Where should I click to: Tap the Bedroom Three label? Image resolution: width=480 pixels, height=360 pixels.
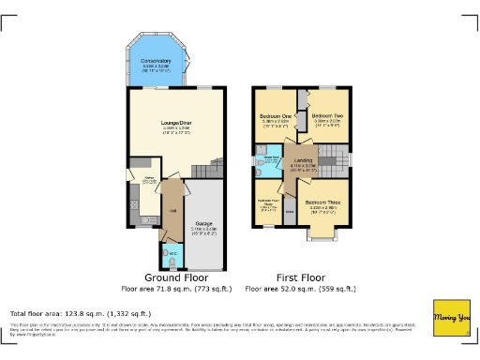point(322,202)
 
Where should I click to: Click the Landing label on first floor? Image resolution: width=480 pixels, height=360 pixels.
point(303,160)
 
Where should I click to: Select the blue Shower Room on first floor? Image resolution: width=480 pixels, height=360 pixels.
point(267,161)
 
